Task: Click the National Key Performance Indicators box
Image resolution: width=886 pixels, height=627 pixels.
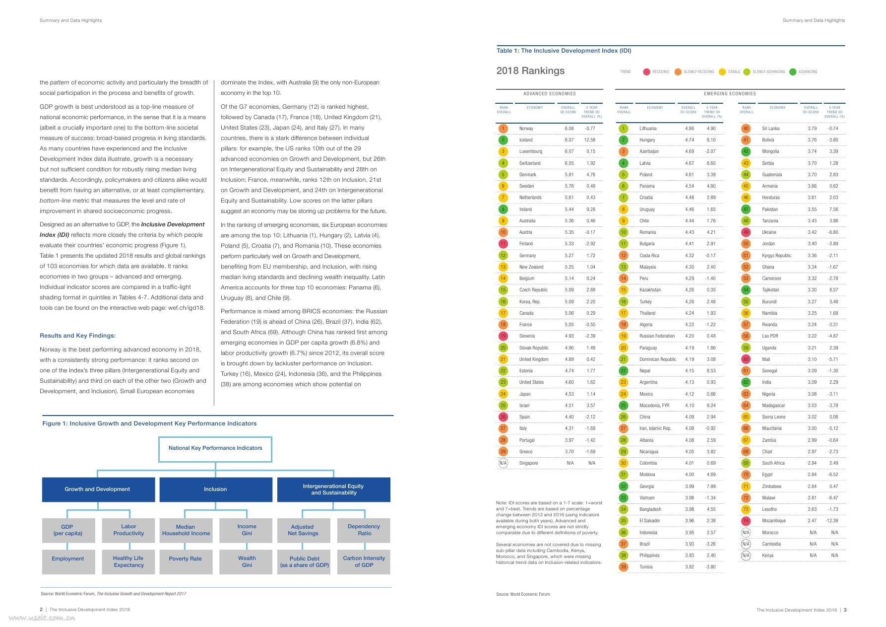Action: [215, 449]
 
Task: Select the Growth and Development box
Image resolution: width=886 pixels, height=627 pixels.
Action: [98, 489]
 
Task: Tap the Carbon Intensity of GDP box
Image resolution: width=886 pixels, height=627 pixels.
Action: [364, 561]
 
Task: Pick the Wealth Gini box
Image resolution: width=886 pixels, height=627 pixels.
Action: [247, 561]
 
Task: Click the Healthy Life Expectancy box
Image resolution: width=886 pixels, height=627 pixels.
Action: [128, 561]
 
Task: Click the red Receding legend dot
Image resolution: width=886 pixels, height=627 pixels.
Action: [646, 72]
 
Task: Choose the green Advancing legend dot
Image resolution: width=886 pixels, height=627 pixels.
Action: [793, 72]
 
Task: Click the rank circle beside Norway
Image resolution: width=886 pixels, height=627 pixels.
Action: [503, 129]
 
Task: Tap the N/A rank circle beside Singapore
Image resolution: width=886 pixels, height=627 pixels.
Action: [503, 463]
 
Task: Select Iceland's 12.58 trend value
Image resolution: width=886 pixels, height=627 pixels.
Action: [589, 140]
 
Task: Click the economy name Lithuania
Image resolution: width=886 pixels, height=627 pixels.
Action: [648, 129]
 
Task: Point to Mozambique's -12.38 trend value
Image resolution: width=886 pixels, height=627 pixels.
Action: [832, 521]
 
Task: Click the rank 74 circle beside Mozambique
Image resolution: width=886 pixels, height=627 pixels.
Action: [746, 521]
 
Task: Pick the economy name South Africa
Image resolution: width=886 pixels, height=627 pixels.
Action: [773, 463]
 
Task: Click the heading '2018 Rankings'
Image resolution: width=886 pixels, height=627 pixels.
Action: [530, 71]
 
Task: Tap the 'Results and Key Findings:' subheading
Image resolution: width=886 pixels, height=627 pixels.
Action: [77, 336]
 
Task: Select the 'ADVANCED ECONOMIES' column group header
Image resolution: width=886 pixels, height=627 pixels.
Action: [550, 94]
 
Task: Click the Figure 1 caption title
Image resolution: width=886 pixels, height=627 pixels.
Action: [149, 424]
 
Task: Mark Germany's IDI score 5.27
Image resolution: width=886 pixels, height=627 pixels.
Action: [569, 256]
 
